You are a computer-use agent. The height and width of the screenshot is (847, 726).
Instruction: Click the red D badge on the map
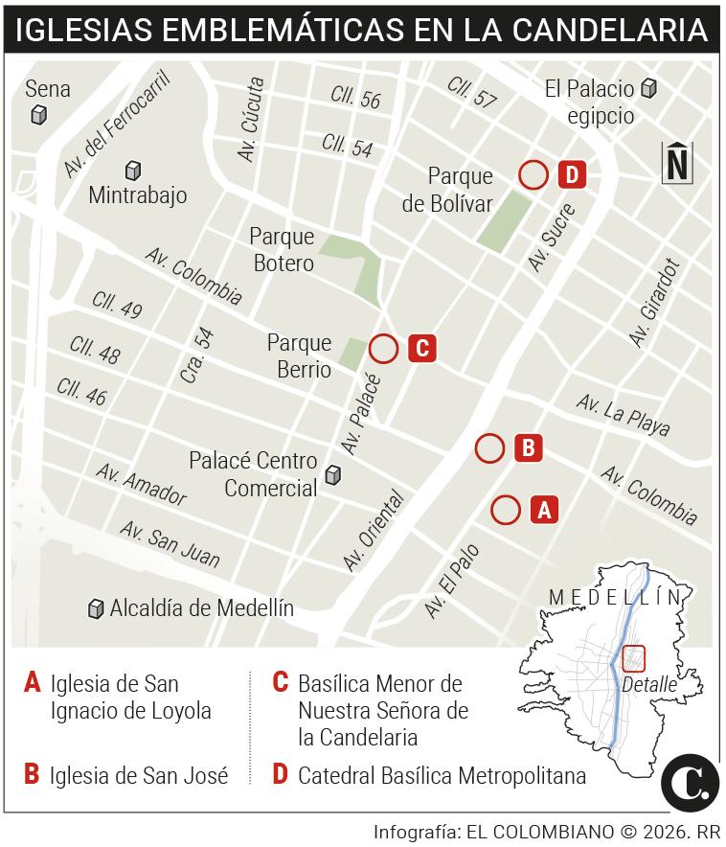[x=571, y=174]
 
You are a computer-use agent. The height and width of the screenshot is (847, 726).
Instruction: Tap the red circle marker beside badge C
[x=383, y=349]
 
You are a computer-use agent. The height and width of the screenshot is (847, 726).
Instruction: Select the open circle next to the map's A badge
[x=506, y=510]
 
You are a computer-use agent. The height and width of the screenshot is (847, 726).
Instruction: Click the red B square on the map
[x=528, y=447]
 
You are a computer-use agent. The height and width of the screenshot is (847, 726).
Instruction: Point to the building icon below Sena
[x=39, y=115]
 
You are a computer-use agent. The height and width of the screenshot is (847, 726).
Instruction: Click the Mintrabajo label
[x=137, y=195]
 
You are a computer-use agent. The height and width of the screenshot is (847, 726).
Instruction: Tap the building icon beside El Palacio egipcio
[x=649, y=89]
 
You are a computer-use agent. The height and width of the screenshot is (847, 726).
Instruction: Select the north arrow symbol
[x=677, y=162]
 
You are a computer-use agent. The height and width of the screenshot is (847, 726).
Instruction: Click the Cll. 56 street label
[x=355, y=97]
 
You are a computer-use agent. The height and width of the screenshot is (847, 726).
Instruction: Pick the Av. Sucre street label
[x=553, y=237]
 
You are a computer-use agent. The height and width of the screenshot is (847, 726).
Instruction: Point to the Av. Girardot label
[x=654, y=303]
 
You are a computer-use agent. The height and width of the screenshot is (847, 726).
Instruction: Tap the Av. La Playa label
[x=624, y=415]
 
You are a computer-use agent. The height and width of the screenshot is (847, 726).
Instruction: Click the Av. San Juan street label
[x=170, y=543]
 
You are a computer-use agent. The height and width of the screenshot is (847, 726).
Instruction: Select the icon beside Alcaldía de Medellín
[x=95, y=608]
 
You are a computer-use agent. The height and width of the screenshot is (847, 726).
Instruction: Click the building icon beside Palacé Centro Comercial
[x=333, y=474]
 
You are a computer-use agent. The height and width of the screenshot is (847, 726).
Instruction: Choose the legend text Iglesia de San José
[x=139, y=775]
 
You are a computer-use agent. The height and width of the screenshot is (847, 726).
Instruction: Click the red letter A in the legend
[x=33, y=683]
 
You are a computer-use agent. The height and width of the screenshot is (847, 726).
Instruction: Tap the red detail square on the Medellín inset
[x=634, y=658]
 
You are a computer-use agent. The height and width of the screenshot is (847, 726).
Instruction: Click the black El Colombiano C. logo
[x=690, y=783]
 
